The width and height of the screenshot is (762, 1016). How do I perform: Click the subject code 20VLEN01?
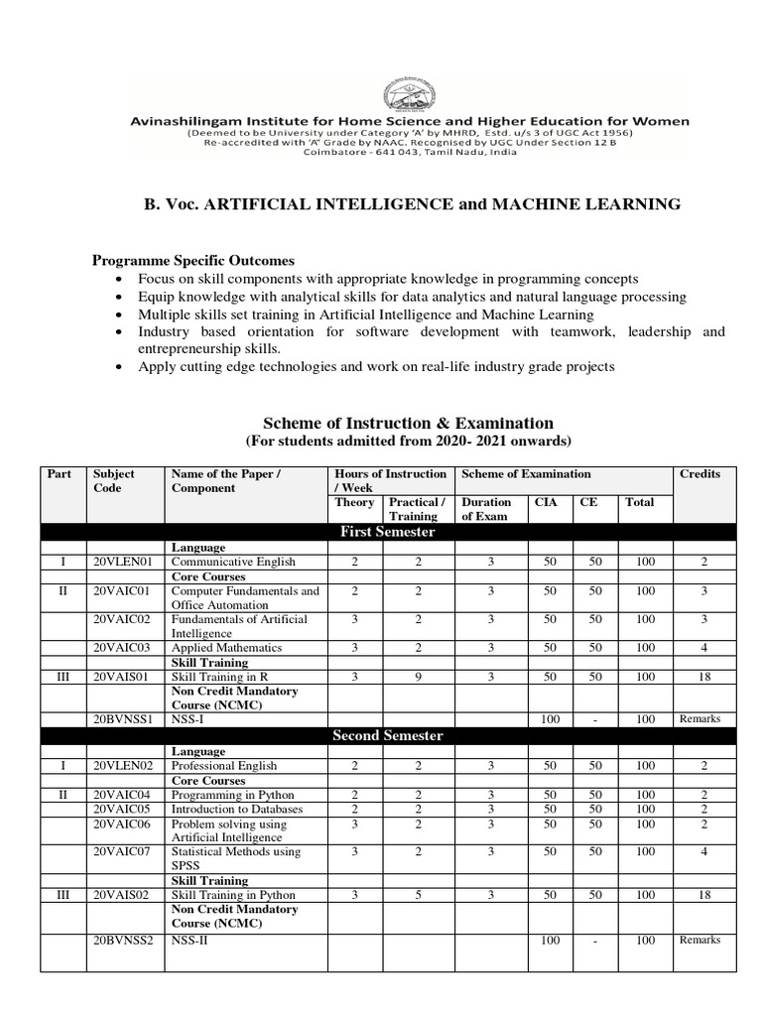pos(124,562)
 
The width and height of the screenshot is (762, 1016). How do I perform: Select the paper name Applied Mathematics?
pos(226,648)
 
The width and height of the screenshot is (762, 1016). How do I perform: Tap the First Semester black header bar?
pos(387,532)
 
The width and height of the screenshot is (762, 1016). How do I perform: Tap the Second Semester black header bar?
pos(387,736)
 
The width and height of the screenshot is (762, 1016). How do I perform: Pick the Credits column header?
pos(699,474)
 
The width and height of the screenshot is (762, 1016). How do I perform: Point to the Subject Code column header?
pos(113,481)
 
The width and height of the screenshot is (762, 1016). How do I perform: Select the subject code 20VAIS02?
pos(124,895)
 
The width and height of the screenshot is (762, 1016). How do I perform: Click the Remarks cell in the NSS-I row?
pos(699,718)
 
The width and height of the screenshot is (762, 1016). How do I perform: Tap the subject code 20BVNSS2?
pos(124,940)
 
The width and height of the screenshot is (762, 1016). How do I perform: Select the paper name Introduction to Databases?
pos(237,809)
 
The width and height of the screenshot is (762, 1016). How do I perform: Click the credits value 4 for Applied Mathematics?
pos(703,648)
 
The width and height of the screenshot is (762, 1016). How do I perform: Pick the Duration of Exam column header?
pos(486,509)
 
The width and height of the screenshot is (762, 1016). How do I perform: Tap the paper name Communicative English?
pos(233,562)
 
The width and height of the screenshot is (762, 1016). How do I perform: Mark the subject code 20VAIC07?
pos(124,851)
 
